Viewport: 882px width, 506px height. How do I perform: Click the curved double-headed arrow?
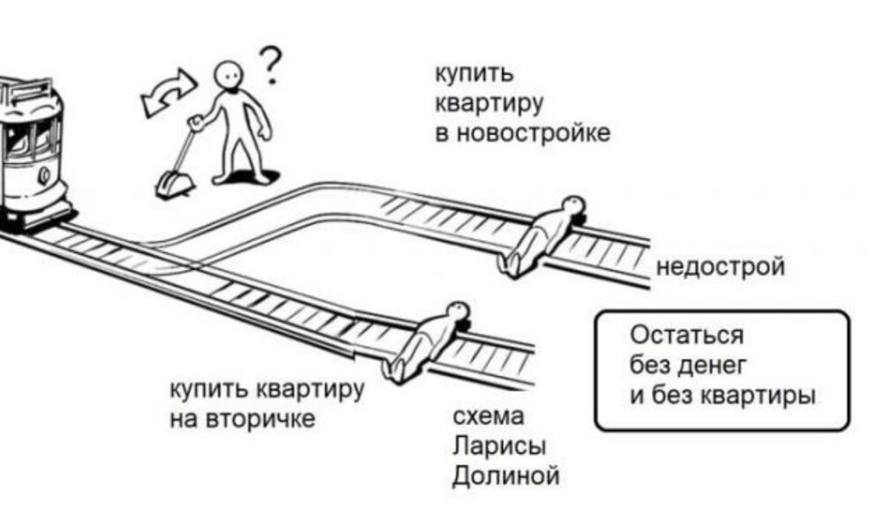[x=169, y=91]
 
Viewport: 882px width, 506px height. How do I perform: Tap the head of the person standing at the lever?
[x=230, y=75]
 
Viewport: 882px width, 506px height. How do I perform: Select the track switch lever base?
[x=169, y=186]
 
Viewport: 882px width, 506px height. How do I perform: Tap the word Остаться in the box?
[x=687, y=335]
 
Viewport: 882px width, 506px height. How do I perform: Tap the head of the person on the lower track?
[x=457, y=310]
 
